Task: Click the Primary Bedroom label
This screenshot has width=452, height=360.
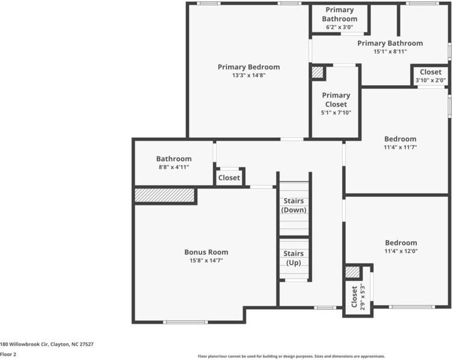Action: pos(249,67)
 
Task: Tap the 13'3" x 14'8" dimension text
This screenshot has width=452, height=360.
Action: pos(249,76)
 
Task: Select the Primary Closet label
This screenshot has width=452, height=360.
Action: pos(336,100)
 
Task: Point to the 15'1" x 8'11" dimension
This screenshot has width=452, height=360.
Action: pos(390,52)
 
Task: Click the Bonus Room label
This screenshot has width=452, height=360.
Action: pos(206,252)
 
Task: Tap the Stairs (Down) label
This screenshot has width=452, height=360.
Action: pos(294,205)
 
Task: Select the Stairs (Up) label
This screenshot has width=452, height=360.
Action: pos(294,258)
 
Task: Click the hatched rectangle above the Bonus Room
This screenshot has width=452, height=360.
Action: pos(164,195)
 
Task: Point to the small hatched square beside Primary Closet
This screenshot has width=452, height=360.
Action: pos(317,72)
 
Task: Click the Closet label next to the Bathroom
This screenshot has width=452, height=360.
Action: pos(229,178)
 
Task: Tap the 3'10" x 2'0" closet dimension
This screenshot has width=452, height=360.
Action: pos(430,80)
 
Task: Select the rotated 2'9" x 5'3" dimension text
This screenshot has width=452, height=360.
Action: pos(362,296)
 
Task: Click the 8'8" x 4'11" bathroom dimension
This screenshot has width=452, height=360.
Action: pos(173,167)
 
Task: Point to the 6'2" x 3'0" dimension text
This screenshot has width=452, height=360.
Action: pos(340,27)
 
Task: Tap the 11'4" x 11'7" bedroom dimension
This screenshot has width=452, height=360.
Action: pos(400,147)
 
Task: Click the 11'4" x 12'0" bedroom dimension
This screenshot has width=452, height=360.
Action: pos(400,251)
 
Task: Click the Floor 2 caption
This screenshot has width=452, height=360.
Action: pos(8,355)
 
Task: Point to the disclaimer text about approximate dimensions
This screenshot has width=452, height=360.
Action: pos(291,356)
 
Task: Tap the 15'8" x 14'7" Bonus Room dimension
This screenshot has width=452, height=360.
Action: pos(206,260)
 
